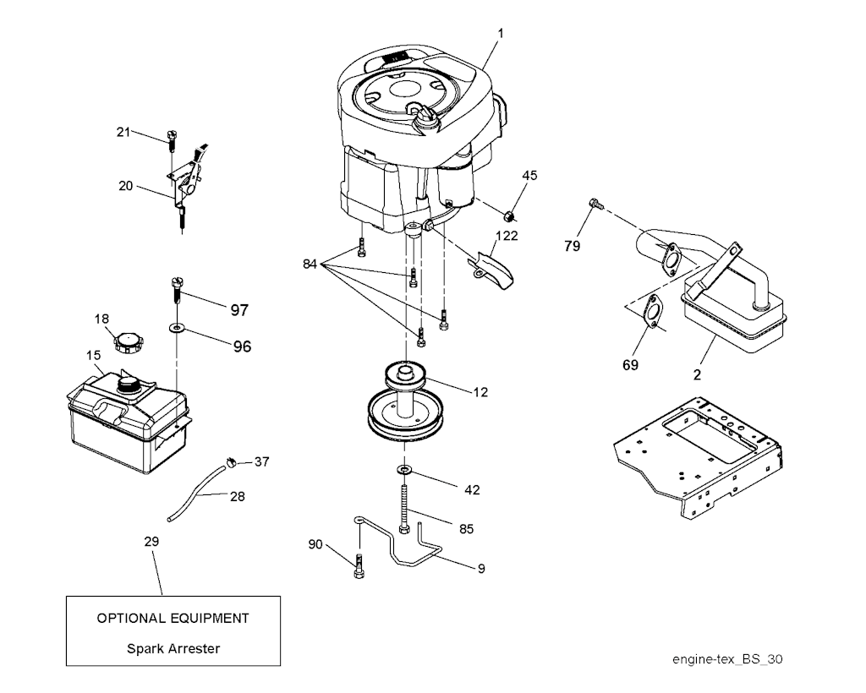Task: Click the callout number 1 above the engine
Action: (501, 33)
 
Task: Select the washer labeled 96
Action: (178, 325)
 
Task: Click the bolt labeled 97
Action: (178, 289)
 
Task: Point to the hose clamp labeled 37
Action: (230, 461)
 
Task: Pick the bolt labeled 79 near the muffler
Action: (594, 203)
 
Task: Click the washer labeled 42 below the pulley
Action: (405, 469)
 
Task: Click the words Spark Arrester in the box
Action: (173, 649)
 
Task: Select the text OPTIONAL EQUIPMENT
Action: (173, 618)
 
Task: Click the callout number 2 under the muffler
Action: (697, 375)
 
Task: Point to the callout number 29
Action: (151, 541)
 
